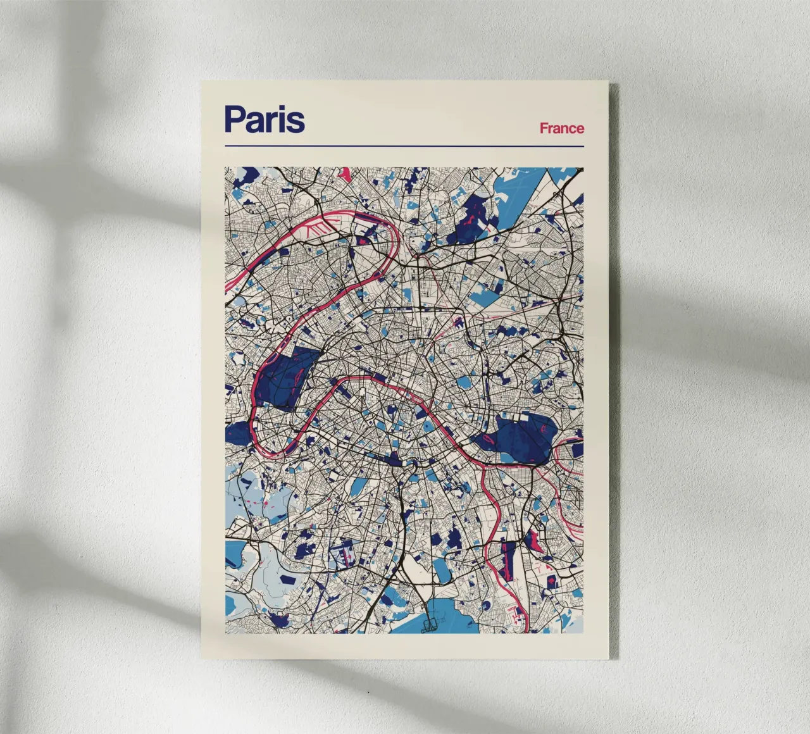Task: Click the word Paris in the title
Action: [x=265, y=119]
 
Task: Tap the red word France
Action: [x=561, y=128]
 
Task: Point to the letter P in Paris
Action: [x=234, y=119]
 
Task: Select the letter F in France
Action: [x=544, y=128]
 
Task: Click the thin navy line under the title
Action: [x=404, y=146]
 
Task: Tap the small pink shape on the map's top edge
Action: [x=345, y=172]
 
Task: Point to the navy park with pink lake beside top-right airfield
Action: [x=471, y=218]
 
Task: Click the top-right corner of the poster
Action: [x=607, y=82]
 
